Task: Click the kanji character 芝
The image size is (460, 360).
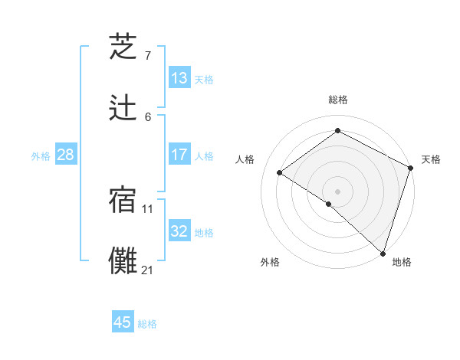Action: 123,47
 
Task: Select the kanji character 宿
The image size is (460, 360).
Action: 123,200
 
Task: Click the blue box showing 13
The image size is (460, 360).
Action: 179,78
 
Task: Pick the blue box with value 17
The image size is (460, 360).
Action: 179,155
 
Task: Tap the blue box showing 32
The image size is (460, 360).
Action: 179,231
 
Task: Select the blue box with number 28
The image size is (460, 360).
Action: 66,155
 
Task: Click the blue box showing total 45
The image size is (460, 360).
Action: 123,322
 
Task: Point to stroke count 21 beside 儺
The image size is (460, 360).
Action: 148,270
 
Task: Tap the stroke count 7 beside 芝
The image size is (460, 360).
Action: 148,56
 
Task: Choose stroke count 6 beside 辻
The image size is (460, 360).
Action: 148,116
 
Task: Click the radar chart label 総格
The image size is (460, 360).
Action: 338,100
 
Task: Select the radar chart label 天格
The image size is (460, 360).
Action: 431,159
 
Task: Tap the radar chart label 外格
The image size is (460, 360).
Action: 270,262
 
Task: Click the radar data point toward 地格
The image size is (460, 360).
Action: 383,253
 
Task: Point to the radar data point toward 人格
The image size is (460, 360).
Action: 280,172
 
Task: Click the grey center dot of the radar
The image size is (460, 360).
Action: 337,191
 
